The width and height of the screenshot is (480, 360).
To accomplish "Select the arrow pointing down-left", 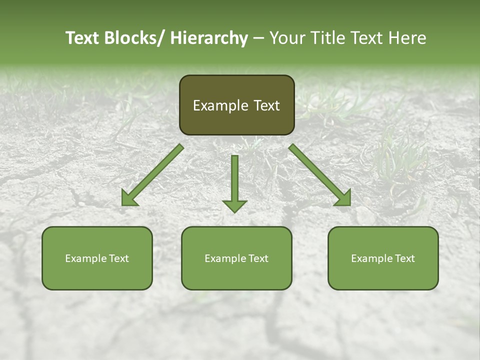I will [152, 175].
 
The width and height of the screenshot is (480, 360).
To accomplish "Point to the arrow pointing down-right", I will [320, 175].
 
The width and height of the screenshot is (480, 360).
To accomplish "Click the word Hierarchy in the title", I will [209, 38].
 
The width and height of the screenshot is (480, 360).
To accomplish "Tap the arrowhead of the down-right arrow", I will [345, 199].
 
